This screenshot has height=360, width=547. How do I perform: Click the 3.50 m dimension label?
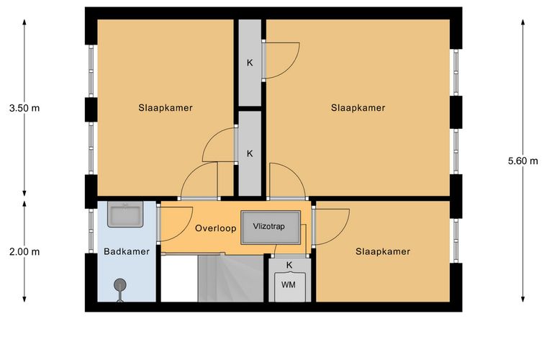coord(24,108)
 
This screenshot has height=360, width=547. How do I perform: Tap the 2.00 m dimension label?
coord(24,251)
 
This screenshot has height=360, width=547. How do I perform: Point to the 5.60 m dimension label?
coord(523,161)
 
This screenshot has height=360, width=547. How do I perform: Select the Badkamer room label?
coord(127,251)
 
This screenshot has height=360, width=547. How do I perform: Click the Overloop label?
coord(216,228)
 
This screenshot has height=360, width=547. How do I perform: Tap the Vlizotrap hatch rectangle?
coord(271,228)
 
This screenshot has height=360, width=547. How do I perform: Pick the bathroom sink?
coord(125,215)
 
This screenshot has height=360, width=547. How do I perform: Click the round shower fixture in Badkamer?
coord(120,285)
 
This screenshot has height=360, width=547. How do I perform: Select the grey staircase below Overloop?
coord(230,279)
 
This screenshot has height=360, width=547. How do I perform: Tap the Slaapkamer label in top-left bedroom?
coord(166,108)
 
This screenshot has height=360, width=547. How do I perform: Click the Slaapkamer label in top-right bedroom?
coord(358,108)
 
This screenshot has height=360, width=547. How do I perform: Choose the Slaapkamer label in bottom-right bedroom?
coord(383,251)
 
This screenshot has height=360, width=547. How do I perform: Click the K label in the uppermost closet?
coord(250,63)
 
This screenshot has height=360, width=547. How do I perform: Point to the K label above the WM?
coord(289,265)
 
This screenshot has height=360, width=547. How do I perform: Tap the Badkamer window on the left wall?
coord(91,230)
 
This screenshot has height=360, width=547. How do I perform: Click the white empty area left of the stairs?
coord(179,279)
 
